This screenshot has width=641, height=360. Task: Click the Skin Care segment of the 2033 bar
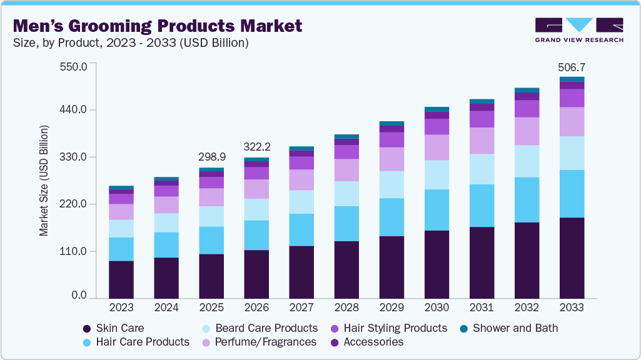pyautogui.click(x=572, y=257)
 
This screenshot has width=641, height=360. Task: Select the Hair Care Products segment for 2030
pyautogui.click(x=437, y=210)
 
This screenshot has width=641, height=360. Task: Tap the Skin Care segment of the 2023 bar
pyautogui.click(x=121, y=279)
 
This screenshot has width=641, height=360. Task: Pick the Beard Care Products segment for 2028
pyautogui.click(x=346, y=194)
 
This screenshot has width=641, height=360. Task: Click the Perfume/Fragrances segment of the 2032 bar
pyautogui.click(x=527, y=131)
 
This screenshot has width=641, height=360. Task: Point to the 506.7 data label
pyautogui.click(x=572, y=67)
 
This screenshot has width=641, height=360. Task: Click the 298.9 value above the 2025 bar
pyautogui.click(x=211, y=156)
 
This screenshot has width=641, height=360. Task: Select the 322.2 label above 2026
pyautogui.click(x=256, y=147)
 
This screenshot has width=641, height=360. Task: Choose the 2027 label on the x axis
pyautogui.click(x=301, y=307)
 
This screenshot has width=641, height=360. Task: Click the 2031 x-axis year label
pyautogui.click(x=482, y=307)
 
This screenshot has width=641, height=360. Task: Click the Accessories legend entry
pyautogui.click(x=373, y=342)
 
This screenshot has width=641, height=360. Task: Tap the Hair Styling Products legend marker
pyautogui.click(x=335, y=328)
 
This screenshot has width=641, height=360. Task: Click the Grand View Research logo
pyautogui.click(x=579, y=29)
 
